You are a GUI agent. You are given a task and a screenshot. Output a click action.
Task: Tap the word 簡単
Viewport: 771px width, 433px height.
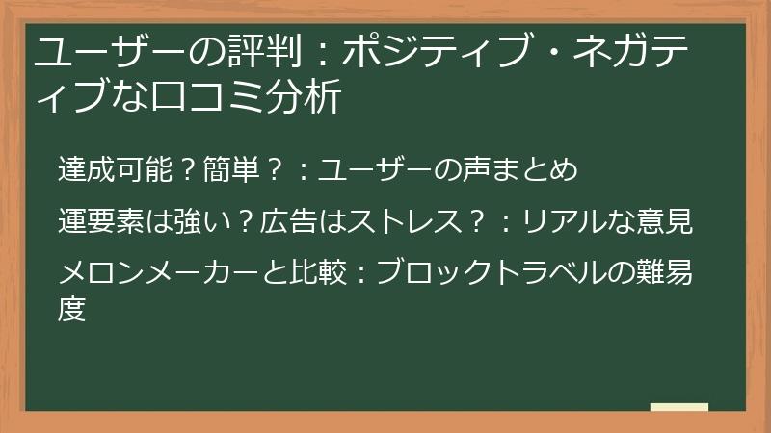pyautogui.click(x=231, y=170)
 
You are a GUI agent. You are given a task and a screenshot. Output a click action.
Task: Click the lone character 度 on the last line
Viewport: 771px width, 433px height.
pyautogui.click(x=72, y=310)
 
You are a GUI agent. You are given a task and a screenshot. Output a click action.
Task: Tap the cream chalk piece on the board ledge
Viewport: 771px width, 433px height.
pyautogui.click(x=678, y=407)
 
